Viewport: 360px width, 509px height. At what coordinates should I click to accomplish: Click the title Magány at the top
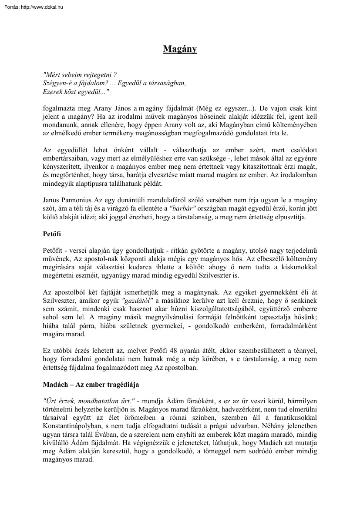point(180,49)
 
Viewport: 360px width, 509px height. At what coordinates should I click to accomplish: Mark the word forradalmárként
point(289,325)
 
